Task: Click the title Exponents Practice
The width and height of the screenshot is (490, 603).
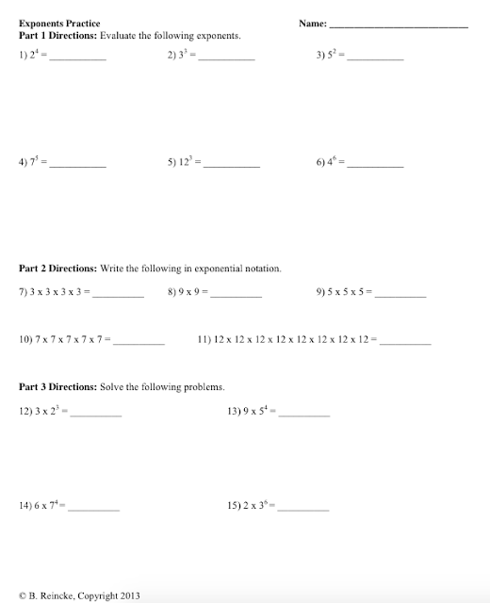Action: coord(59,23)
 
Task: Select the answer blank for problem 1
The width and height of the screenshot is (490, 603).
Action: coord(77,58)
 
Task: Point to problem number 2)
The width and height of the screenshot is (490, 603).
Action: coord(173,56)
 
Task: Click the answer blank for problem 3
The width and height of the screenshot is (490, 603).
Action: coord(375,58)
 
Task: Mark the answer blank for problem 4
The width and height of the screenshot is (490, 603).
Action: coord(77,166)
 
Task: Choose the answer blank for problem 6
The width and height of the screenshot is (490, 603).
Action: coord(375,166)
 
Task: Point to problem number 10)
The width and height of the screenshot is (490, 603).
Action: coord(26,337)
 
